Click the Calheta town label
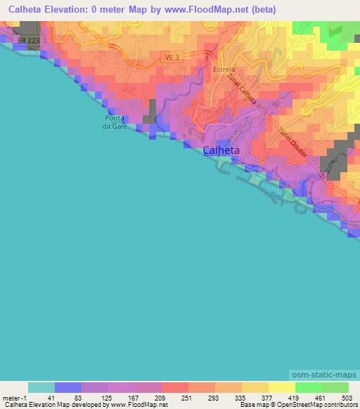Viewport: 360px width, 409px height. (x=221, y=150)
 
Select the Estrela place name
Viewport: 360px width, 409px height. (x=224, y=70)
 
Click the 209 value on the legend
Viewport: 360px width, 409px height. (x=161, y=398)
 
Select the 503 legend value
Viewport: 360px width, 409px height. (x=347, y=398)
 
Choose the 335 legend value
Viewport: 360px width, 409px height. (x=241, y=398)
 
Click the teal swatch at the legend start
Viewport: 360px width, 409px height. (x=41, y=387)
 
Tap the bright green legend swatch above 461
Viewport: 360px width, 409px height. (x=308, y=387)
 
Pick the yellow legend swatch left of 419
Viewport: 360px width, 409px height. (x=281, y=387)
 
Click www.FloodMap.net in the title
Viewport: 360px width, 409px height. (x=214, y=9)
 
